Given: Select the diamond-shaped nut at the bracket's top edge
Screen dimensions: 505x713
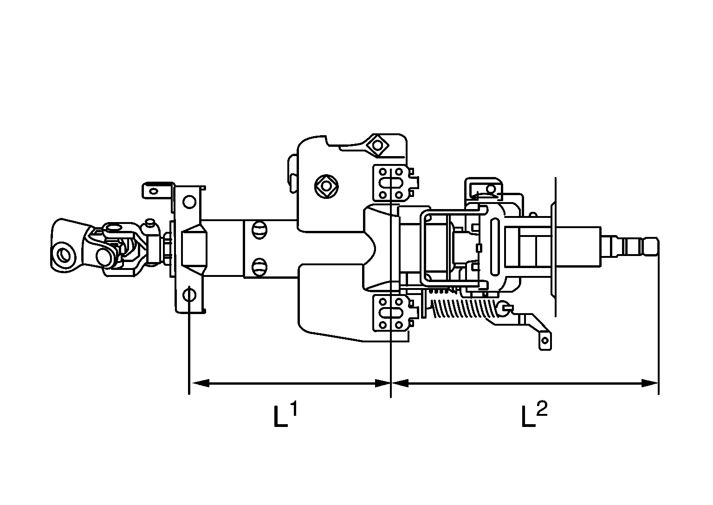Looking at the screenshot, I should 376,146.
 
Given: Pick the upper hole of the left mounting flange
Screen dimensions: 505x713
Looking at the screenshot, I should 188,202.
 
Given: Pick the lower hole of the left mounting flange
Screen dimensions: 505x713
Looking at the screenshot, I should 188,295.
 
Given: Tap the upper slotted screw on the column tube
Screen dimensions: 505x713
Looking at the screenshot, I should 259,230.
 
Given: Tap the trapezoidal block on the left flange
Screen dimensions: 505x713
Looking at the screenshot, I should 194,248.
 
